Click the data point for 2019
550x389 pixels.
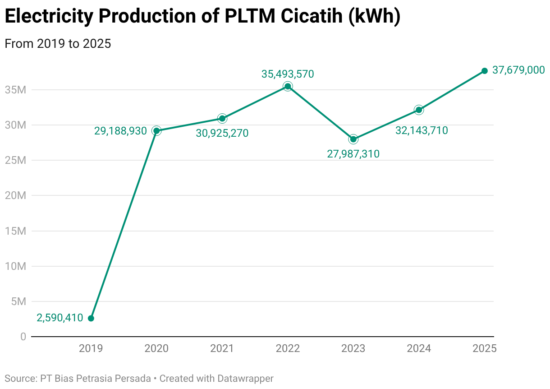(x=91, y=318)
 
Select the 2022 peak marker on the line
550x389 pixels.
(x=288, y=86)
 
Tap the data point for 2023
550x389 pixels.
(x=353, y=139)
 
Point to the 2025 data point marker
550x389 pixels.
(x=485, y=71)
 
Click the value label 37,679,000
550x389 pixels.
(x=518, y=70)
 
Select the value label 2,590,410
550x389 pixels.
(x=60, y=318)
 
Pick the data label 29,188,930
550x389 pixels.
(x=120, y=131)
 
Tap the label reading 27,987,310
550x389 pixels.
(x=353, y=154)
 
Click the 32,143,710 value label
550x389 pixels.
(x=422, y=130)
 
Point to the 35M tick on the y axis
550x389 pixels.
(x=16, y=90)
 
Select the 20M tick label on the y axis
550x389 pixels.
(x=16, y=195)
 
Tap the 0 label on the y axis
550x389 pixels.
(x=23, y=337)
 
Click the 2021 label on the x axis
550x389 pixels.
(x=222, y=348)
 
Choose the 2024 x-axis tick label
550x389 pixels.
(x=419, y=348)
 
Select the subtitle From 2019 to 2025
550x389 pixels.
(x=58, y=44)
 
